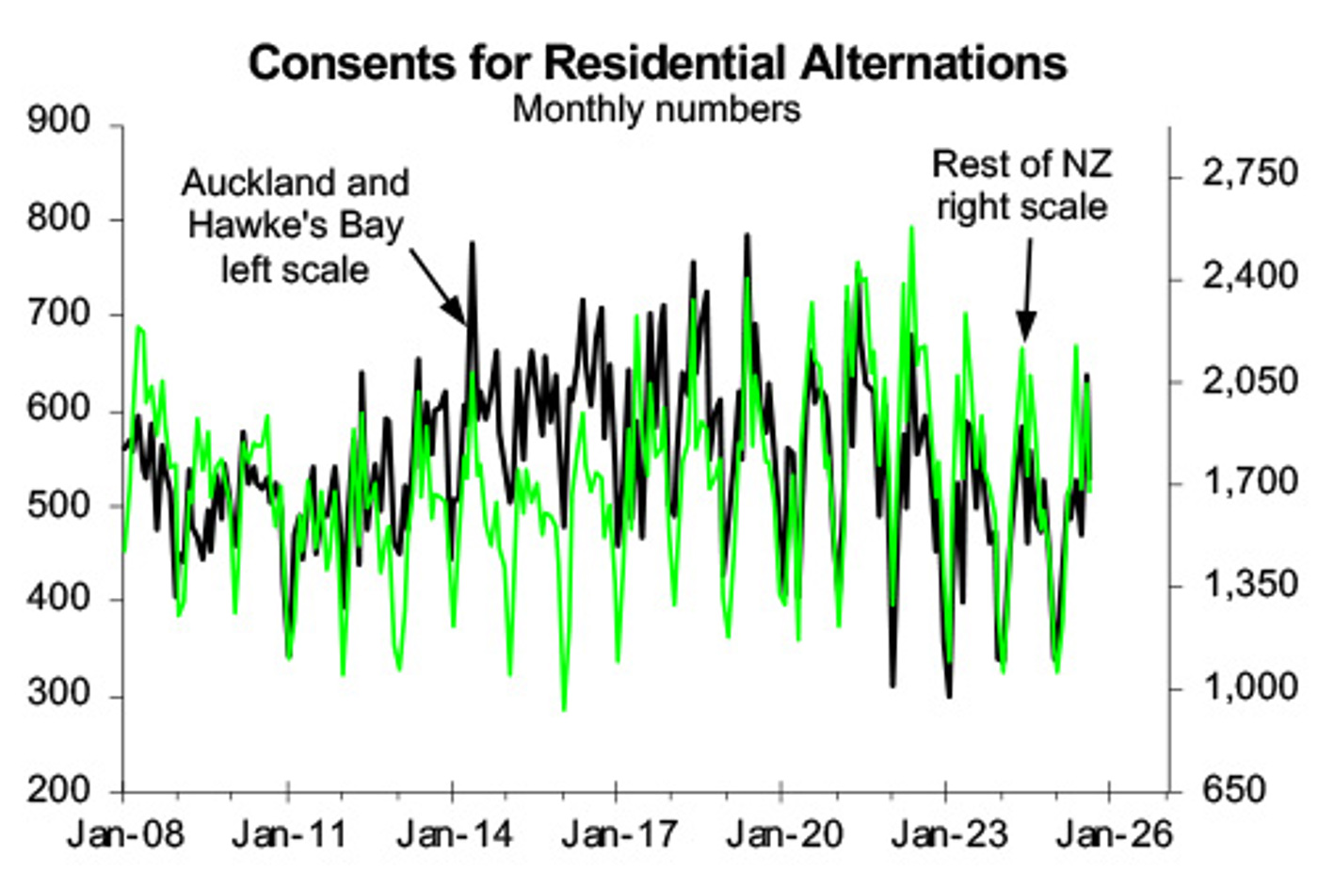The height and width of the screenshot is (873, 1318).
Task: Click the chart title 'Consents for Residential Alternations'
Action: tap(657, 64)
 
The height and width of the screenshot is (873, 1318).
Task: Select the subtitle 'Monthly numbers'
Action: tap(656, 109)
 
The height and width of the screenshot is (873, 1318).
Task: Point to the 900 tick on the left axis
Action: tap(59, 121)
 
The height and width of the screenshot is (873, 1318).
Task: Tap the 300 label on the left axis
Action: tap(59, 694)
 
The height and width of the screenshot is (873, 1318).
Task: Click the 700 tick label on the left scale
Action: tap(59, 313)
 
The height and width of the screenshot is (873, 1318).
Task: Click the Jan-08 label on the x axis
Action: tap(126, 834)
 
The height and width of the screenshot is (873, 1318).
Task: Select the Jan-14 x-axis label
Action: tap(455, 834)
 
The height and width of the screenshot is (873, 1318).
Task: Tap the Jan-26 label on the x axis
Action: tap(1115, 834)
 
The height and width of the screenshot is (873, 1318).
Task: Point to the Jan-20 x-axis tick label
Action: tap(784, 834)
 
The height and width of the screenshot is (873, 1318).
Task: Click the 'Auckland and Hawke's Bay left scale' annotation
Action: tap(295, 226)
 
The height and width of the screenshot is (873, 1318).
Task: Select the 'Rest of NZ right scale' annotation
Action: tap(1021, 186)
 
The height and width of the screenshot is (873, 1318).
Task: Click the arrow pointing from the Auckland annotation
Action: tap(437, 286)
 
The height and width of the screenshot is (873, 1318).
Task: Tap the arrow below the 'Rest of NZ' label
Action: tap(1026, 288)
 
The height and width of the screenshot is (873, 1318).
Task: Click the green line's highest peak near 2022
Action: tap(911, 227)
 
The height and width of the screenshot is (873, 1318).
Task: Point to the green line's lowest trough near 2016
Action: tap(564, 709)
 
